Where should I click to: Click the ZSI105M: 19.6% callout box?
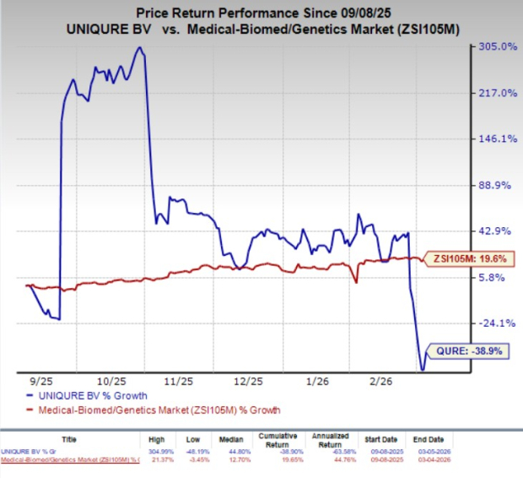point(467,259)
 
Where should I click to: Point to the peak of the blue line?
point(139,47)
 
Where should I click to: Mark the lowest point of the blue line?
point(422,369)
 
